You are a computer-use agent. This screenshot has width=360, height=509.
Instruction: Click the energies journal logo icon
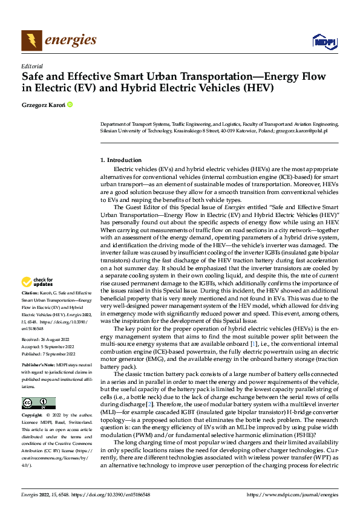[31, 41]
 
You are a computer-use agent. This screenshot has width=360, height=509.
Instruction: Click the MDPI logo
[324, 41]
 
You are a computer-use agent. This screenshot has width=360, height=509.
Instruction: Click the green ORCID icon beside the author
[70, 105]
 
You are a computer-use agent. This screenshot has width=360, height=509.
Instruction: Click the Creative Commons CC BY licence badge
[38, 403]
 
